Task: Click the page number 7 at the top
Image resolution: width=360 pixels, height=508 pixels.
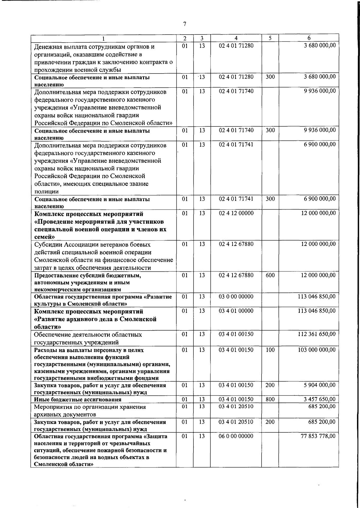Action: (184, 24)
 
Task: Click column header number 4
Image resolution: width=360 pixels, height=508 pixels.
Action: (236, 38)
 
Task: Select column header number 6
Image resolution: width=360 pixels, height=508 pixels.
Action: (309, 38)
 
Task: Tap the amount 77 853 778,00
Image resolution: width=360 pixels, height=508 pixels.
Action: (318, 436)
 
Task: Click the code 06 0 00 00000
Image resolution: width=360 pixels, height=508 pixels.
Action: (236, 436)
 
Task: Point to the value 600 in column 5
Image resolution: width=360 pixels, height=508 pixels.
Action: (270, 275)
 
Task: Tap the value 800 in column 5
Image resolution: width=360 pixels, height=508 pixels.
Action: (270, 399)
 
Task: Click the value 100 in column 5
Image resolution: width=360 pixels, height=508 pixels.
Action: (270, 350)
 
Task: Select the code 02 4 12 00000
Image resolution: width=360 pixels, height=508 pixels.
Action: (236, 213)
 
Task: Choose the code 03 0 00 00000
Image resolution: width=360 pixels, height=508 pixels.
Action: (236, 297)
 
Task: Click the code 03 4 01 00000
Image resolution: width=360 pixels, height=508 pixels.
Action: (236, 311)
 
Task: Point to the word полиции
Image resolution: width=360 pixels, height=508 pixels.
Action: (46, 192)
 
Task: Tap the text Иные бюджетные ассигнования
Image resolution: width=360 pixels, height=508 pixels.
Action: (78, 400)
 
